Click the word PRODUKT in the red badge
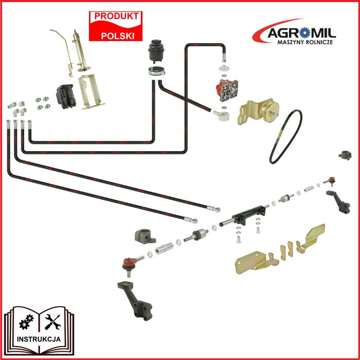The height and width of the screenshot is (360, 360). click(x=116, y=16)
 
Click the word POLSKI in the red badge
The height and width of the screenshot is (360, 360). click(x=118, y=36)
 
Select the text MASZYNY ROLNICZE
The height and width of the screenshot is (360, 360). click(x=305, y=42)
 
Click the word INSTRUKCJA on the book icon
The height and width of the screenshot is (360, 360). click(x=39, y=339)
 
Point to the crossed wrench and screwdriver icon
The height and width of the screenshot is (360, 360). click(x=52, y=322)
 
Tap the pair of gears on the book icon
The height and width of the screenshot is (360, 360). click(x=26, y=321)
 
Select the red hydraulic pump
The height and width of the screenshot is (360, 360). click(x=227, y=90)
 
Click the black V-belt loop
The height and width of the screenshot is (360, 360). click(x=286, y=136)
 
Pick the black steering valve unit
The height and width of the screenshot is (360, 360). click(x=66, y=97)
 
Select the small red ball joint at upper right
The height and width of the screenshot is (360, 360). click(x=331, y=181)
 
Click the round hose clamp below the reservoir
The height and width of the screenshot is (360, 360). click(x=156, y=71)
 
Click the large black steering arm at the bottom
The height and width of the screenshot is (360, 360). click(x=135, y=300)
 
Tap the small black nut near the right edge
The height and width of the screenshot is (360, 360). click(x=345, y=155)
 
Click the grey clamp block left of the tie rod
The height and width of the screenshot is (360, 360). click(x=145, y=236)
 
